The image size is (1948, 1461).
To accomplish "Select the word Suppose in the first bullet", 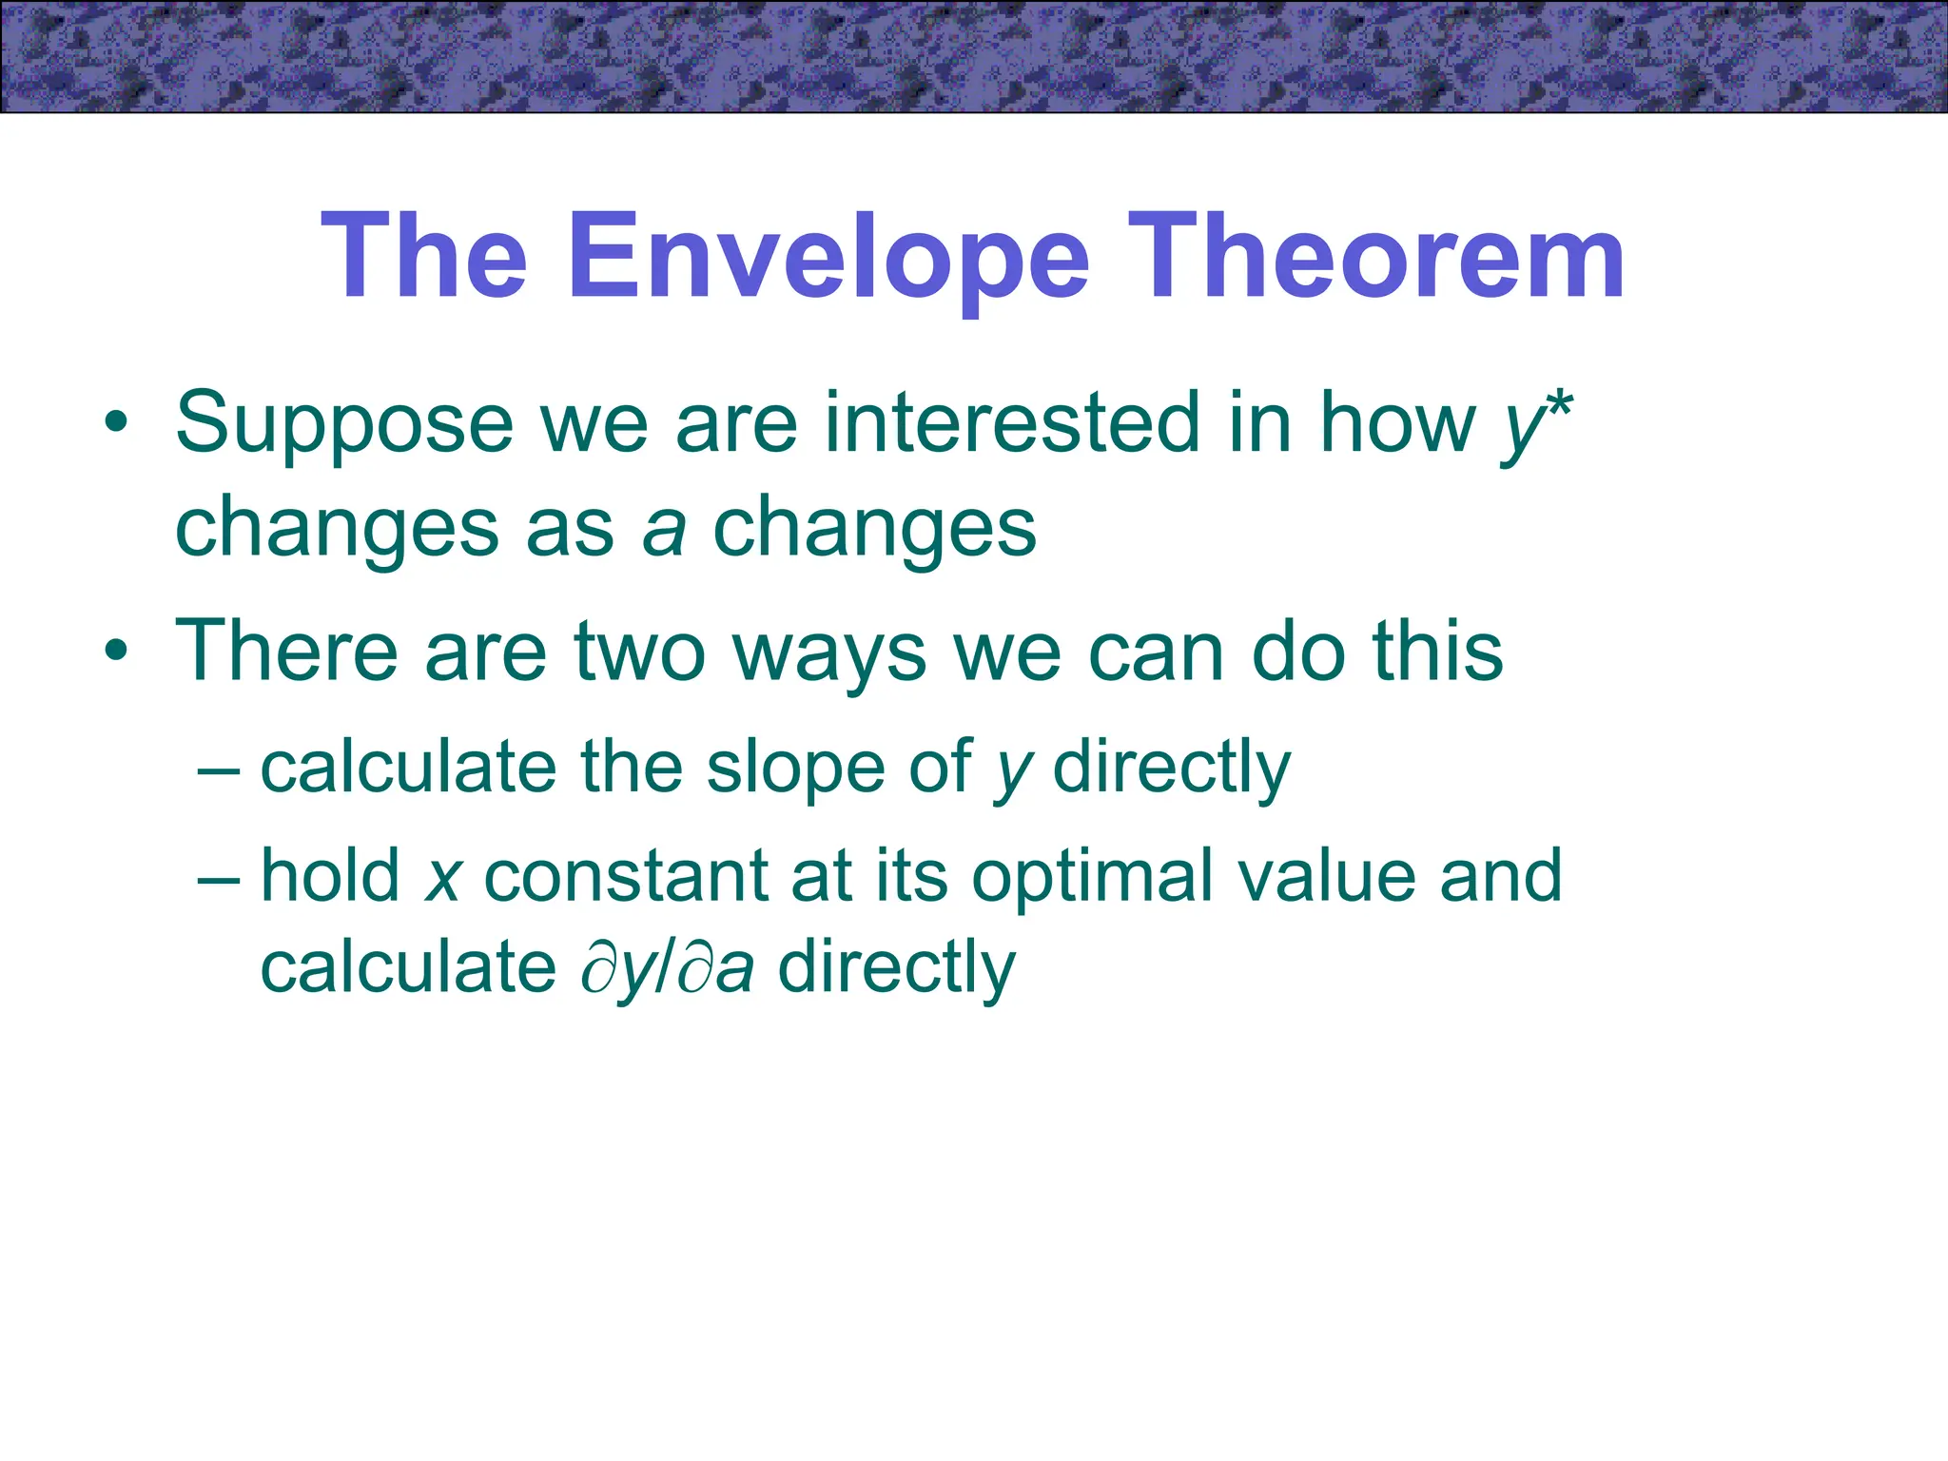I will (344, 424).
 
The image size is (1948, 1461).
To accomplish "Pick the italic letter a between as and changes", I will (664, 529).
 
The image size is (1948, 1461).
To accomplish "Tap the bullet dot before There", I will (116, 653).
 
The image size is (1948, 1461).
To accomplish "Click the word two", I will (639, 653).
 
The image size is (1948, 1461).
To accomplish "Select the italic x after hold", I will (443, 877).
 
